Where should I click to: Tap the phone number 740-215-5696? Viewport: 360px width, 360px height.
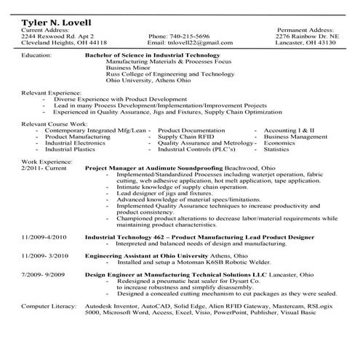point(178,36)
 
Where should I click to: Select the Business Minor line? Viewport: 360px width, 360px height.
point(124,68)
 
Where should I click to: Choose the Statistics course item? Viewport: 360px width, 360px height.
point(276,150)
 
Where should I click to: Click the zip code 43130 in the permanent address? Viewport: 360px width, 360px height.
point(324,42)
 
